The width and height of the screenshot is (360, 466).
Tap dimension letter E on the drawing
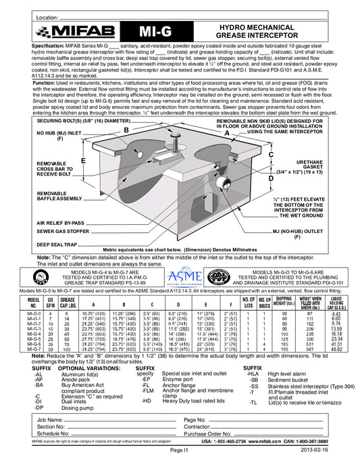pyautogui.click(x=82, y=161)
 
